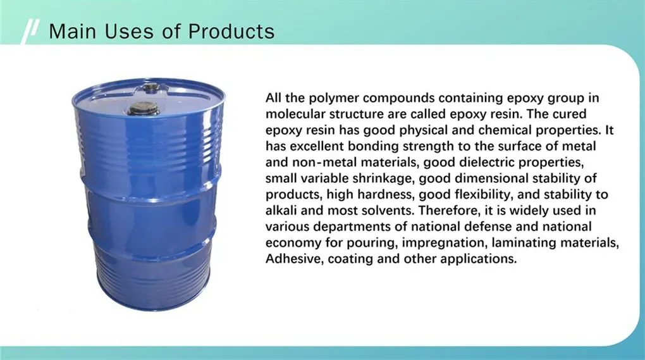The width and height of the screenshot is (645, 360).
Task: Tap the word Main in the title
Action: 72,32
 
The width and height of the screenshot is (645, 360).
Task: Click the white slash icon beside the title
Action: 30,32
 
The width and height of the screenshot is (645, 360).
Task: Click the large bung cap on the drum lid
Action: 142,109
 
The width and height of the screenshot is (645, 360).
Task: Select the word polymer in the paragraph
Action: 334,99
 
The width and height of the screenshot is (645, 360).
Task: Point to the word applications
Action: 479,259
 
